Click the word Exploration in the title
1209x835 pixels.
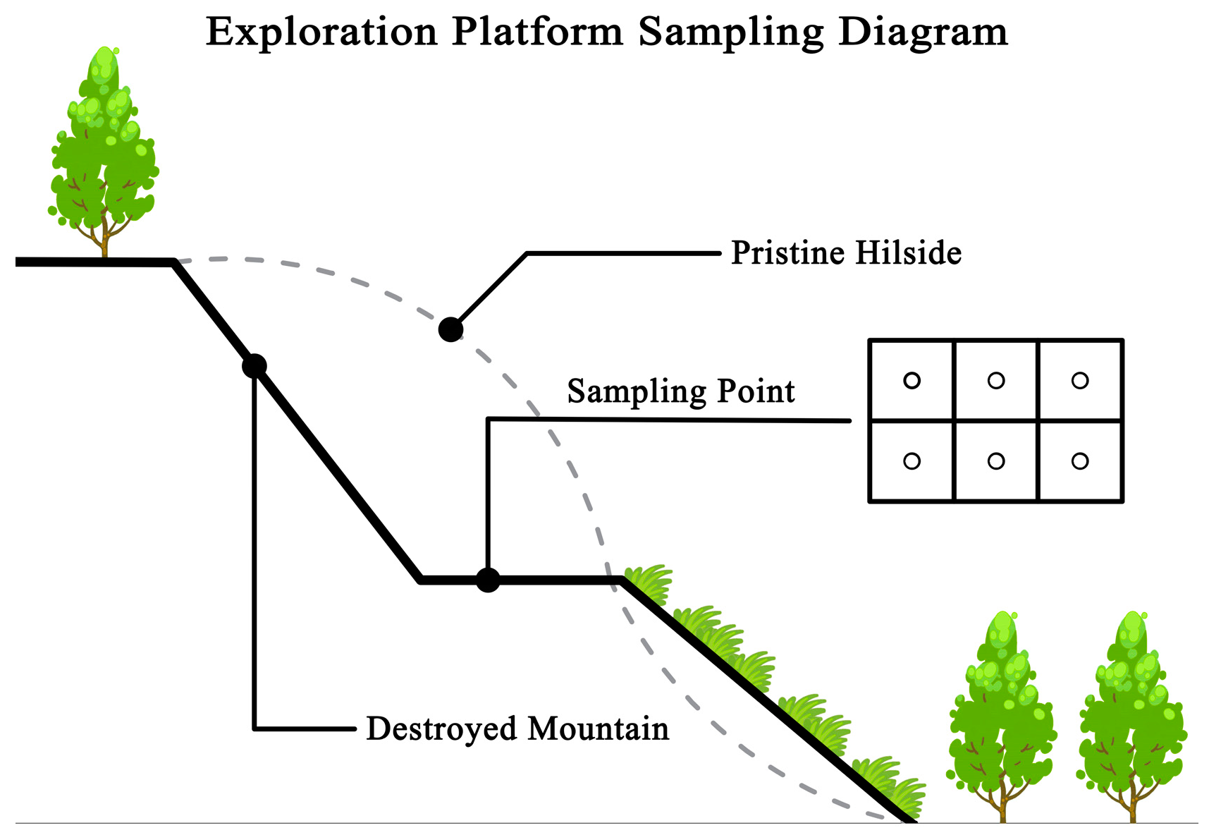click(x=321, y=32)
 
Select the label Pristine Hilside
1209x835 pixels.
click(x=846, y=253)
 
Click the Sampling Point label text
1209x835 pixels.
click(x=681, y=391)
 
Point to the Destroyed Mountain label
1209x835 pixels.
click(x=517, y=729)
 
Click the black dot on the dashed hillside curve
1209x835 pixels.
click(x=450, y=329)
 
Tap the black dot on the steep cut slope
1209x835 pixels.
click(x=254, y=366)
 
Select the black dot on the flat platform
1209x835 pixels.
click(x=488, y=580)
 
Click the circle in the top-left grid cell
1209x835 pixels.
click(x=912, y=381)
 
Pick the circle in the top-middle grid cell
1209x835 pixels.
click(x=996, y=381)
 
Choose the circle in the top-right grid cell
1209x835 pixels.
click(x=1080, y=381)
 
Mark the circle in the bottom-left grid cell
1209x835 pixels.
click(x=912, y=461)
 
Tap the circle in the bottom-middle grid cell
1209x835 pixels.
click(x=996, y=461)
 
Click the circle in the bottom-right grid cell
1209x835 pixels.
click(x=1080, y=461)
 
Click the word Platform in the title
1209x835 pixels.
click(x=537, y=32)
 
